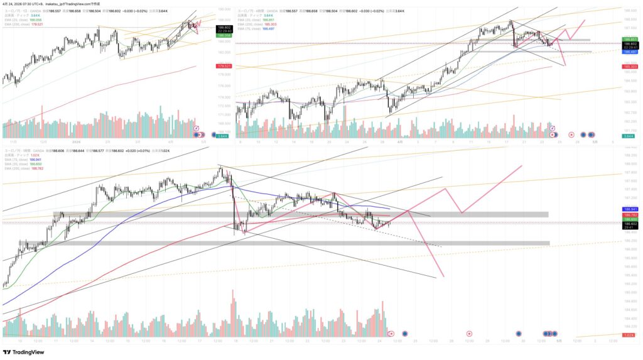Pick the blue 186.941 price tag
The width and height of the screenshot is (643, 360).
point(630,209)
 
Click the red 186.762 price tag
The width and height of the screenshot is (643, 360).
point(630,214)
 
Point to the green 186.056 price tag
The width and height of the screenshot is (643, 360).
point(222,35)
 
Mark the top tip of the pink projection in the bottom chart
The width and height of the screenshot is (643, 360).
point(522,166)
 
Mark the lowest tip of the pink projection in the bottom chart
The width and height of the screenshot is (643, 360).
point(443,276)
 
